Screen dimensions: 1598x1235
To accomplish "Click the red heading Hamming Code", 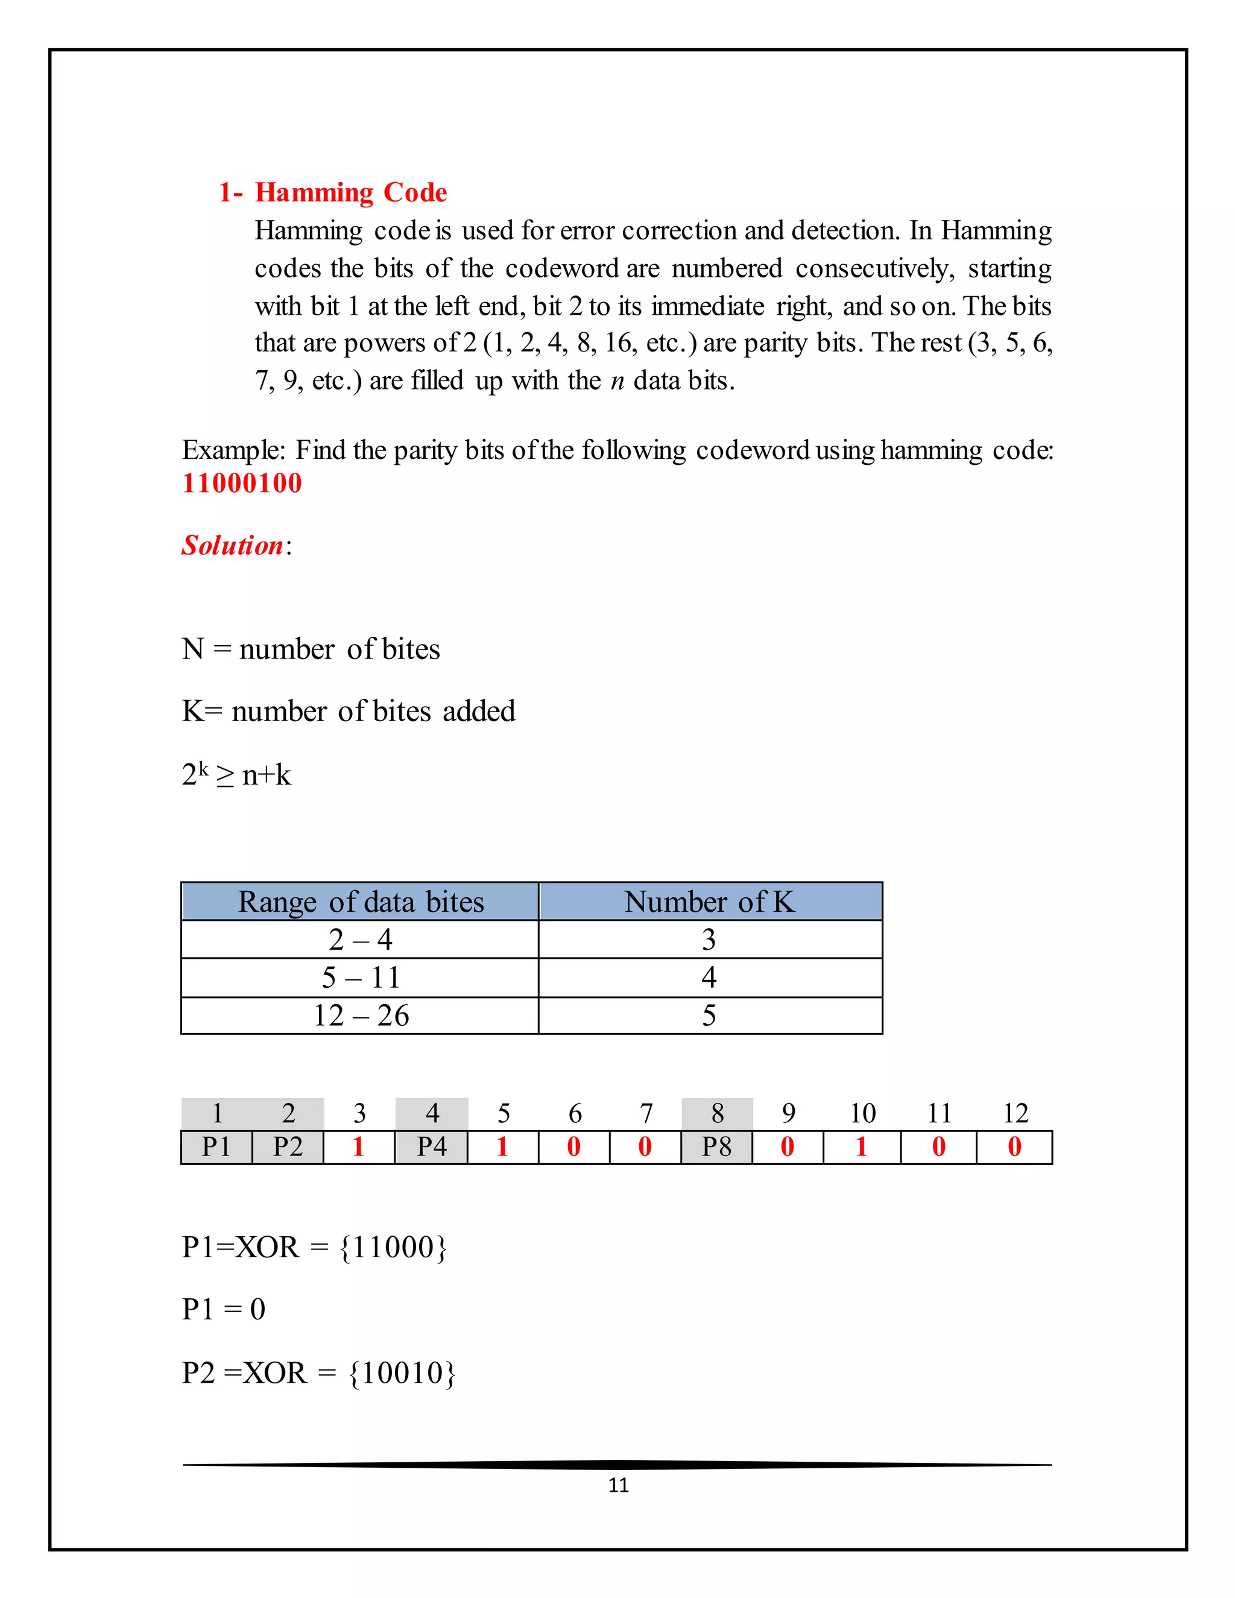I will click(x=350, y=192).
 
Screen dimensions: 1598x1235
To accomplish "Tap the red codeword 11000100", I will click(x=241, y=484).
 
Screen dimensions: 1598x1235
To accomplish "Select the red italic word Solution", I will click(x=233, y=545).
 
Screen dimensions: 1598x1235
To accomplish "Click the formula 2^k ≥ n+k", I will click(x=236, y=775).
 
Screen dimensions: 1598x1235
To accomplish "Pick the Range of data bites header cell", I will click(x=360, y=902).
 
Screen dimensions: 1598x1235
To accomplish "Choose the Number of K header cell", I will click(x=709, y=902).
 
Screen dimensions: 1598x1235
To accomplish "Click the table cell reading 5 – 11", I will click(x=360, y=977).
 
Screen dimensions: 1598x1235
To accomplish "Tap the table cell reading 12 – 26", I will click(x=360, y=1015).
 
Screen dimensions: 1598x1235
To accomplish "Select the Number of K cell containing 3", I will click(x=709, y=940).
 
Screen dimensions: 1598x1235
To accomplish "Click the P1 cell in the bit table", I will click(x=216, y=1146).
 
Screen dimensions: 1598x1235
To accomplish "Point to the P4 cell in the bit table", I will click(x=432, y=1146).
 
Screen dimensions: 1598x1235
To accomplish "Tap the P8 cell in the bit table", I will click(x=717, y=1146).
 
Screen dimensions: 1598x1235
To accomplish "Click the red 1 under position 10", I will click(x=861, y=1146).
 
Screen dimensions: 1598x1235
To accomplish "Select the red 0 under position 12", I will click(x=1014, y=1146).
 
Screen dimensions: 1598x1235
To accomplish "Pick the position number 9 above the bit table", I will click(x=788, y=1114).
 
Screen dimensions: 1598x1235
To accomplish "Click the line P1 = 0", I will click(x=223, y=1309).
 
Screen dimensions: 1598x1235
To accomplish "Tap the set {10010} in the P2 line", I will click(x=402, y=1373).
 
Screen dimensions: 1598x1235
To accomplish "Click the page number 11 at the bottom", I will click(x=618, y=1485).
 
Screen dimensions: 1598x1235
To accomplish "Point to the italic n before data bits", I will click(x=617, y=381).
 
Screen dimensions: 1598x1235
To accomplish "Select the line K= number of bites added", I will click(x=349, y=711).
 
